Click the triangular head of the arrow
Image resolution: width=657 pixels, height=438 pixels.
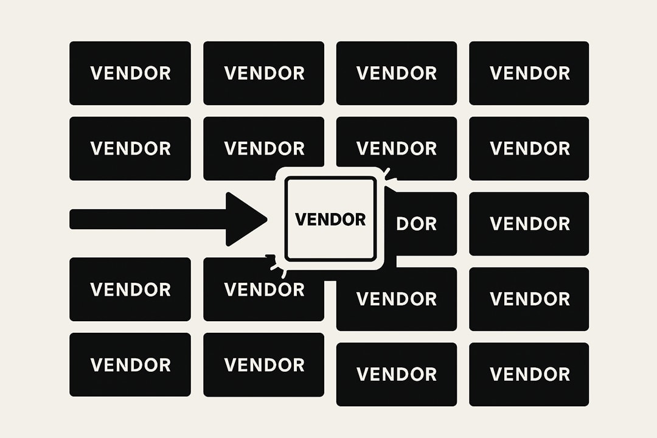[x=243, y=219]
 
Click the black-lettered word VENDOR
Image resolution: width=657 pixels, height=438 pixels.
[x=330, y=219]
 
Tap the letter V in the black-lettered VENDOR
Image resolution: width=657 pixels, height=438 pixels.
[x=301, y=219]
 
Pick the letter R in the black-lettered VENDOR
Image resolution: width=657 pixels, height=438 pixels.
[x=360, y=219]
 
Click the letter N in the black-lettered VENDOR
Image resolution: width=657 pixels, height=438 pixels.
[x=324, y=219]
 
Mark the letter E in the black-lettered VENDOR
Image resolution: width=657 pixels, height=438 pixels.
[x=311, y=219]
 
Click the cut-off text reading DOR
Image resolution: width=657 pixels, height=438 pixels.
[x=417, y=223]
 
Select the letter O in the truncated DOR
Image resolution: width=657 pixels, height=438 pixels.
[x=417, y=223]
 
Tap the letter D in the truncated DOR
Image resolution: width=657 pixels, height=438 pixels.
[x=403, y=223]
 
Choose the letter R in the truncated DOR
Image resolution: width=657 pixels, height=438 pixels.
[x=431, y=223]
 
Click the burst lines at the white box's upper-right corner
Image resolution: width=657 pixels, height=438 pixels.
[x=388, y=176]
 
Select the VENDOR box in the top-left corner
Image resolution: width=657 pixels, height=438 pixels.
[x=130, y=73]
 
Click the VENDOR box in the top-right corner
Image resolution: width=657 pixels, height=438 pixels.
[x=529, y=73]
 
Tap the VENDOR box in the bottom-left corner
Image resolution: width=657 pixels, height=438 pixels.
[x=130, y=364]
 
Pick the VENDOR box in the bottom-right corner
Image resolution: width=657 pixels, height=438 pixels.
[x=529, y=374]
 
